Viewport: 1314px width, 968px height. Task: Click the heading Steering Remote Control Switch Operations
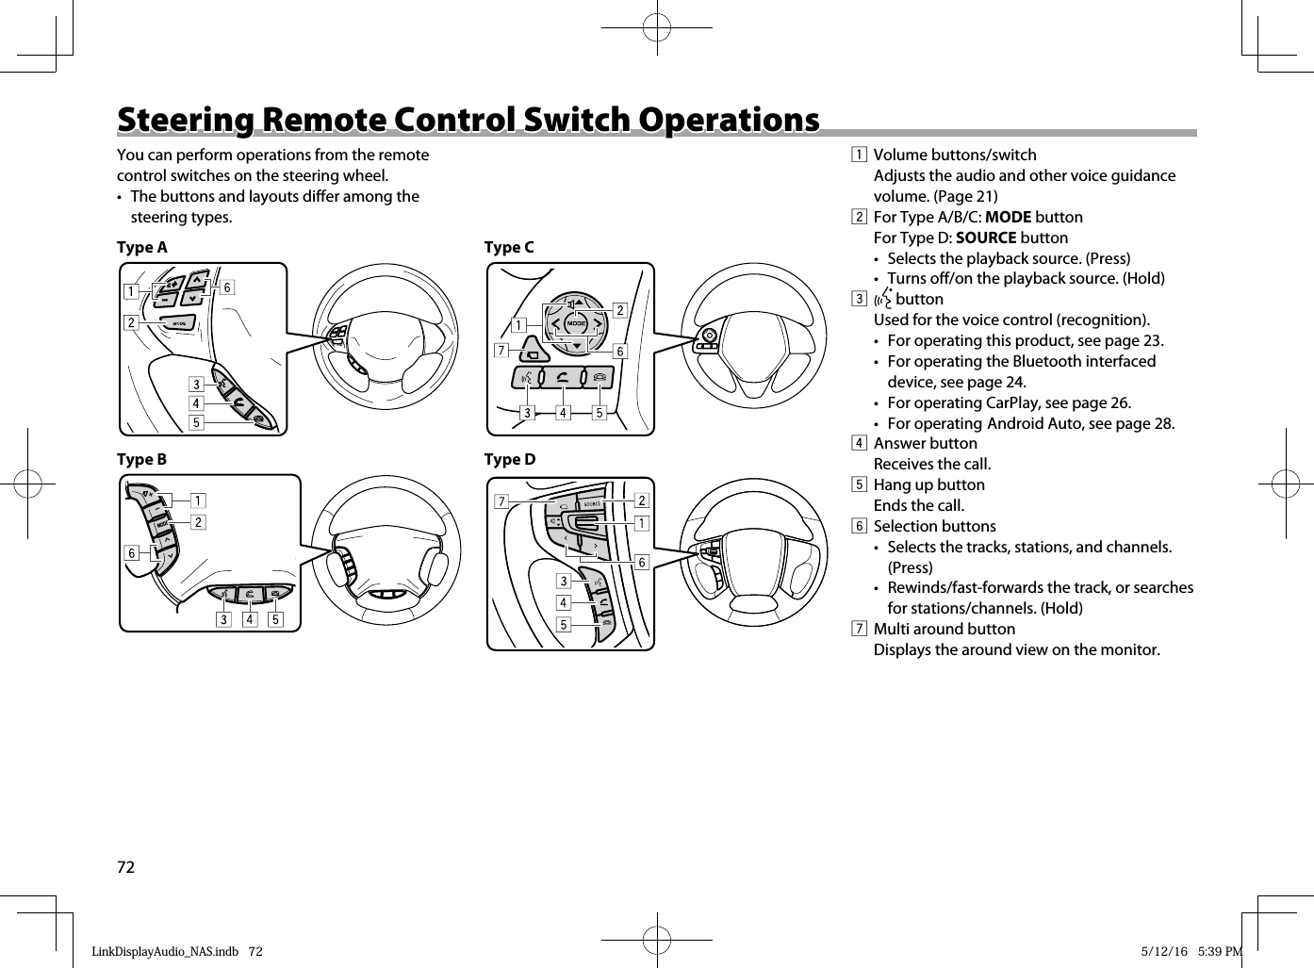pyautogui.click(x=468, y=121)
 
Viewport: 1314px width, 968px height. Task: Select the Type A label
pyautogui.click(x=141, y=248)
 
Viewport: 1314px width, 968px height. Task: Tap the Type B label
pyautogui.click(x=141, y=460)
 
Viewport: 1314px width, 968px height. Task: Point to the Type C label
pyautogui.click(x=509, y=248)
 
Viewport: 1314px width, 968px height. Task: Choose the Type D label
pyautogui.click(x=510, y=460)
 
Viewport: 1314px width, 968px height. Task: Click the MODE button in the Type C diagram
pyautogui.click(x=577, y=324)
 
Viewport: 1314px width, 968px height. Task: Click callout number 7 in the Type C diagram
pyautogui.click(x=502, y=352)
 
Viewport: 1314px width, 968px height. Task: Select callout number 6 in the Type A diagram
pyautogui.click(x=227, y=287)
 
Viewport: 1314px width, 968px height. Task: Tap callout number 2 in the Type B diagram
pyautogui.click(x=198, y=521)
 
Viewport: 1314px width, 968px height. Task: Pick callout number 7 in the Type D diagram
pyautogui.click(x=501, y=501)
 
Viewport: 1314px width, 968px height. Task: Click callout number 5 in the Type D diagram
pyautogui.click(x=564, y=625)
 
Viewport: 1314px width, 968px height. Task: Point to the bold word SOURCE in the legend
pyautogui.click(x=985, y=238)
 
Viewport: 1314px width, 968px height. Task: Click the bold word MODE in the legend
pyautogui.click(x=1008, y=217)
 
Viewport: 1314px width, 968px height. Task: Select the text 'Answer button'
pyautogui.click(x=925, y=443)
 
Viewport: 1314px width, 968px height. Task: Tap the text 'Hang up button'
pyautogui.click(x=928, y=484)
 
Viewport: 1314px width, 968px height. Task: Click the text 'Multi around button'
pyautogui.click(x=944, y=629)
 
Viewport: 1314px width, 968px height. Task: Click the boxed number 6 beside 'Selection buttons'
pyautogui.click(x=859, y=526)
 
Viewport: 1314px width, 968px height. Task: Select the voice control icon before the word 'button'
pyautogui.click(x=882, y=300)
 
